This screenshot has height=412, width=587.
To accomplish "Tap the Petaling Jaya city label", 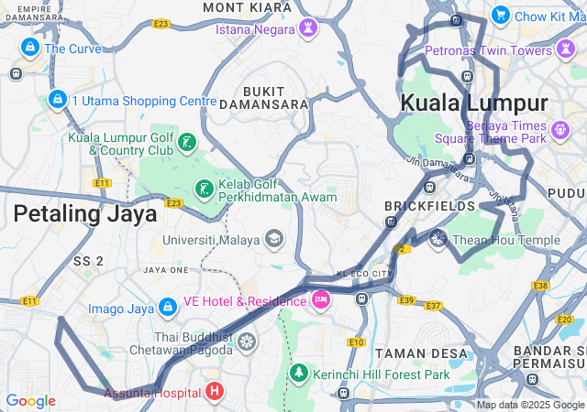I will pos(84,213).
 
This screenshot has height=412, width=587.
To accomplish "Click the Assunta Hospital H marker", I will pos(215,393).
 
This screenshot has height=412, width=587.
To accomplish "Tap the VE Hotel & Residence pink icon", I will pos(321,299).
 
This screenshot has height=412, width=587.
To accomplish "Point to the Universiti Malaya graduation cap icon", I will pos(273,240).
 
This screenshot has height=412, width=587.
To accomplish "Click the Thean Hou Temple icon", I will pos(438,240).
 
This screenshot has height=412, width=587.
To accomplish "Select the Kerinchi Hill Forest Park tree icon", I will pos(298,374).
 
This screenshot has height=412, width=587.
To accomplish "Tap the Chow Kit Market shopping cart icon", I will pos(500,16).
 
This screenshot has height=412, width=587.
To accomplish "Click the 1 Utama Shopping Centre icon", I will pos(57,100).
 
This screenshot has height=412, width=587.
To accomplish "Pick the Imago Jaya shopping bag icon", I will pos(168,308).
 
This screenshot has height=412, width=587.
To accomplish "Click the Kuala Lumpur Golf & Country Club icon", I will pos(187,143).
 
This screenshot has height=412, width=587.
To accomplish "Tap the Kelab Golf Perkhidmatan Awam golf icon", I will pos(203,190).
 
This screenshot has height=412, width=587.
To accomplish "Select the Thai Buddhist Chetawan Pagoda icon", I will pos(246,342).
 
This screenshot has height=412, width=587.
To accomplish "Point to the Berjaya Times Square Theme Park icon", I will pos(560,132).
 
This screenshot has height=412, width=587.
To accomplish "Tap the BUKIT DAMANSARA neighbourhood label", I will pos(276,97).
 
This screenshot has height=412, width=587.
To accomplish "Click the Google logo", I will pos(30,401).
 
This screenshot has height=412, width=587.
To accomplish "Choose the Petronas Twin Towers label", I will pos(501,50).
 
